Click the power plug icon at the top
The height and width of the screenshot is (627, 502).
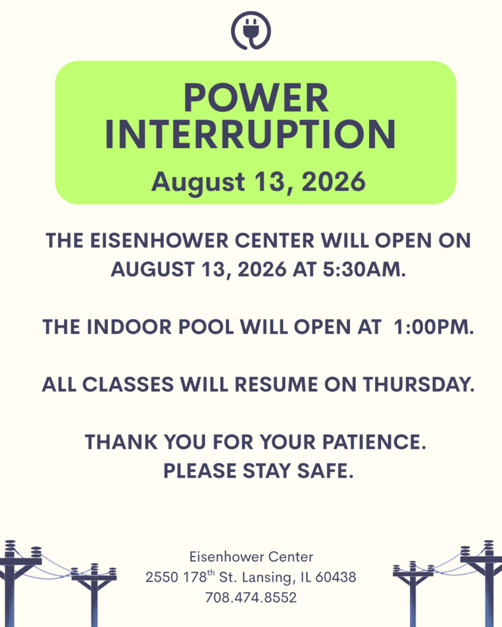coord(251,31)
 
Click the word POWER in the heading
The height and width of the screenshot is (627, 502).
coord(256,98)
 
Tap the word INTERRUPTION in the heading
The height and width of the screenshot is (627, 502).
coord(251,135)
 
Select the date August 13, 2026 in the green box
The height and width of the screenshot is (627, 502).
coord(258,182)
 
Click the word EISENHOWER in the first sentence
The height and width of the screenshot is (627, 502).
coord(159,241)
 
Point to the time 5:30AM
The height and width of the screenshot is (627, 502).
coord(364,269)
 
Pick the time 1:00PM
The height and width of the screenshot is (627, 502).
coord(434,327)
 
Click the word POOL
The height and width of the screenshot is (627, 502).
coord(206,327)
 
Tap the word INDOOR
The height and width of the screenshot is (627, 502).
coord(129,327)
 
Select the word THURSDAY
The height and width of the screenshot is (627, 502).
coord(419,385)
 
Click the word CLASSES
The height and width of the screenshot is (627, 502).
coord(128,385)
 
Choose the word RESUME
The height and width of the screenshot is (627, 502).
coord(276,385)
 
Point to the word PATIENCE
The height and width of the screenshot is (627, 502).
coord(375,442)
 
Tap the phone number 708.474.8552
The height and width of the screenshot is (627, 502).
coord(251,598)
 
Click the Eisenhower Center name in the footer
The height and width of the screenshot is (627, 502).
coord(251,557)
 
